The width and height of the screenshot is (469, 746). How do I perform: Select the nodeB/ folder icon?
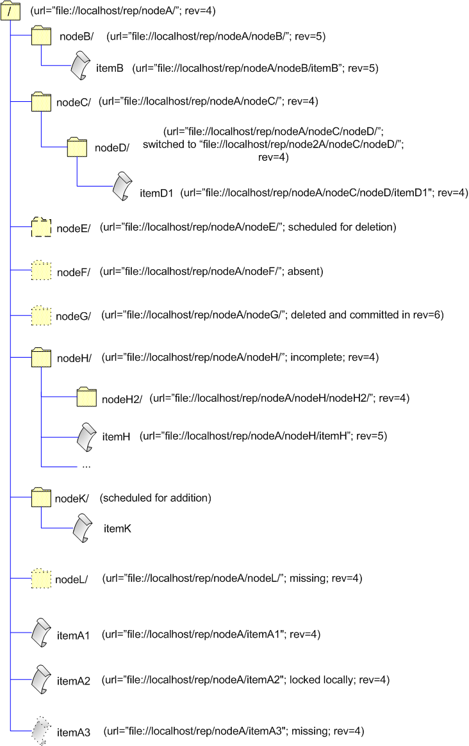[x=41, y=36]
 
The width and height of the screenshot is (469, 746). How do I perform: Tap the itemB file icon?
[x=79, y=65]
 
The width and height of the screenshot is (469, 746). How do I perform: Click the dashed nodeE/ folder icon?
[x=41, y=228]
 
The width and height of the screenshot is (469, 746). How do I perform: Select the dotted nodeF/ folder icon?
[x=41, y=272]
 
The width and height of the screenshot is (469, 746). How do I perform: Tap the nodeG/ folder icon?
[x=41, y=316]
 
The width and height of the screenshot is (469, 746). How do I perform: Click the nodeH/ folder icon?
[x=41, y=358]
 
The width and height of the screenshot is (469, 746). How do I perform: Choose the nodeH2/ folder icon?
[x=86, y=398]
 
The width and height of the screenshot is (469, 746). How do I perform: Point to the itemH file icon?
[x=86, y=436]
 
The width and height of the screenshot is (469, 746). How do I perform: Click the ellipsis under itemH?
[x=86, y=466]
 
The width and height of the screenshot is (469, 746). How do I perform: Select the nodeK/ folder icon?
[x=41, y=498]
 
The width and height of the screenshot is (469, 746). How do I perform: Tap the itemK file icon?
[x=83, y=528]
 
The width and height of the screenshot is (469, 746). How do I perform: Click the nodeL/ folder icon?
[x=41, y=579]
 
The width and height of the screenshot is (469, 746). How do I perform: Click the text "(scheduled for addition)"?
[x=156, y=498]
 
